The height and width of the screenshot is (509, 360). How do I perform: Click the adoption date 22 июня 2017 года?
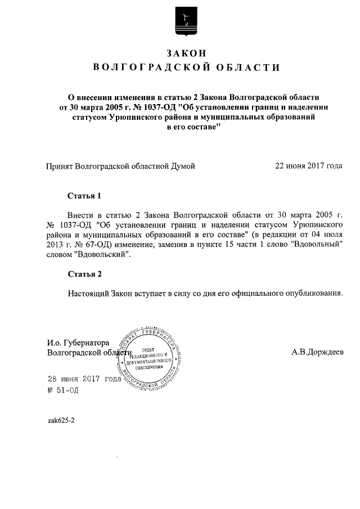click(308, 166)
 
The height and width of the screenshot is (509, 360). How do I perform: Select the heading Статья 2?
click(84, 274)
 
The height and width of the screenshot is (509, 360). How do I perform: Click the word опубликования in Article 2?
click(312, 293)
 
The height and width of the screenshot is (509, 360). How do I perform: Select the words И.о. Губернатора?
click(78, 343)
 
